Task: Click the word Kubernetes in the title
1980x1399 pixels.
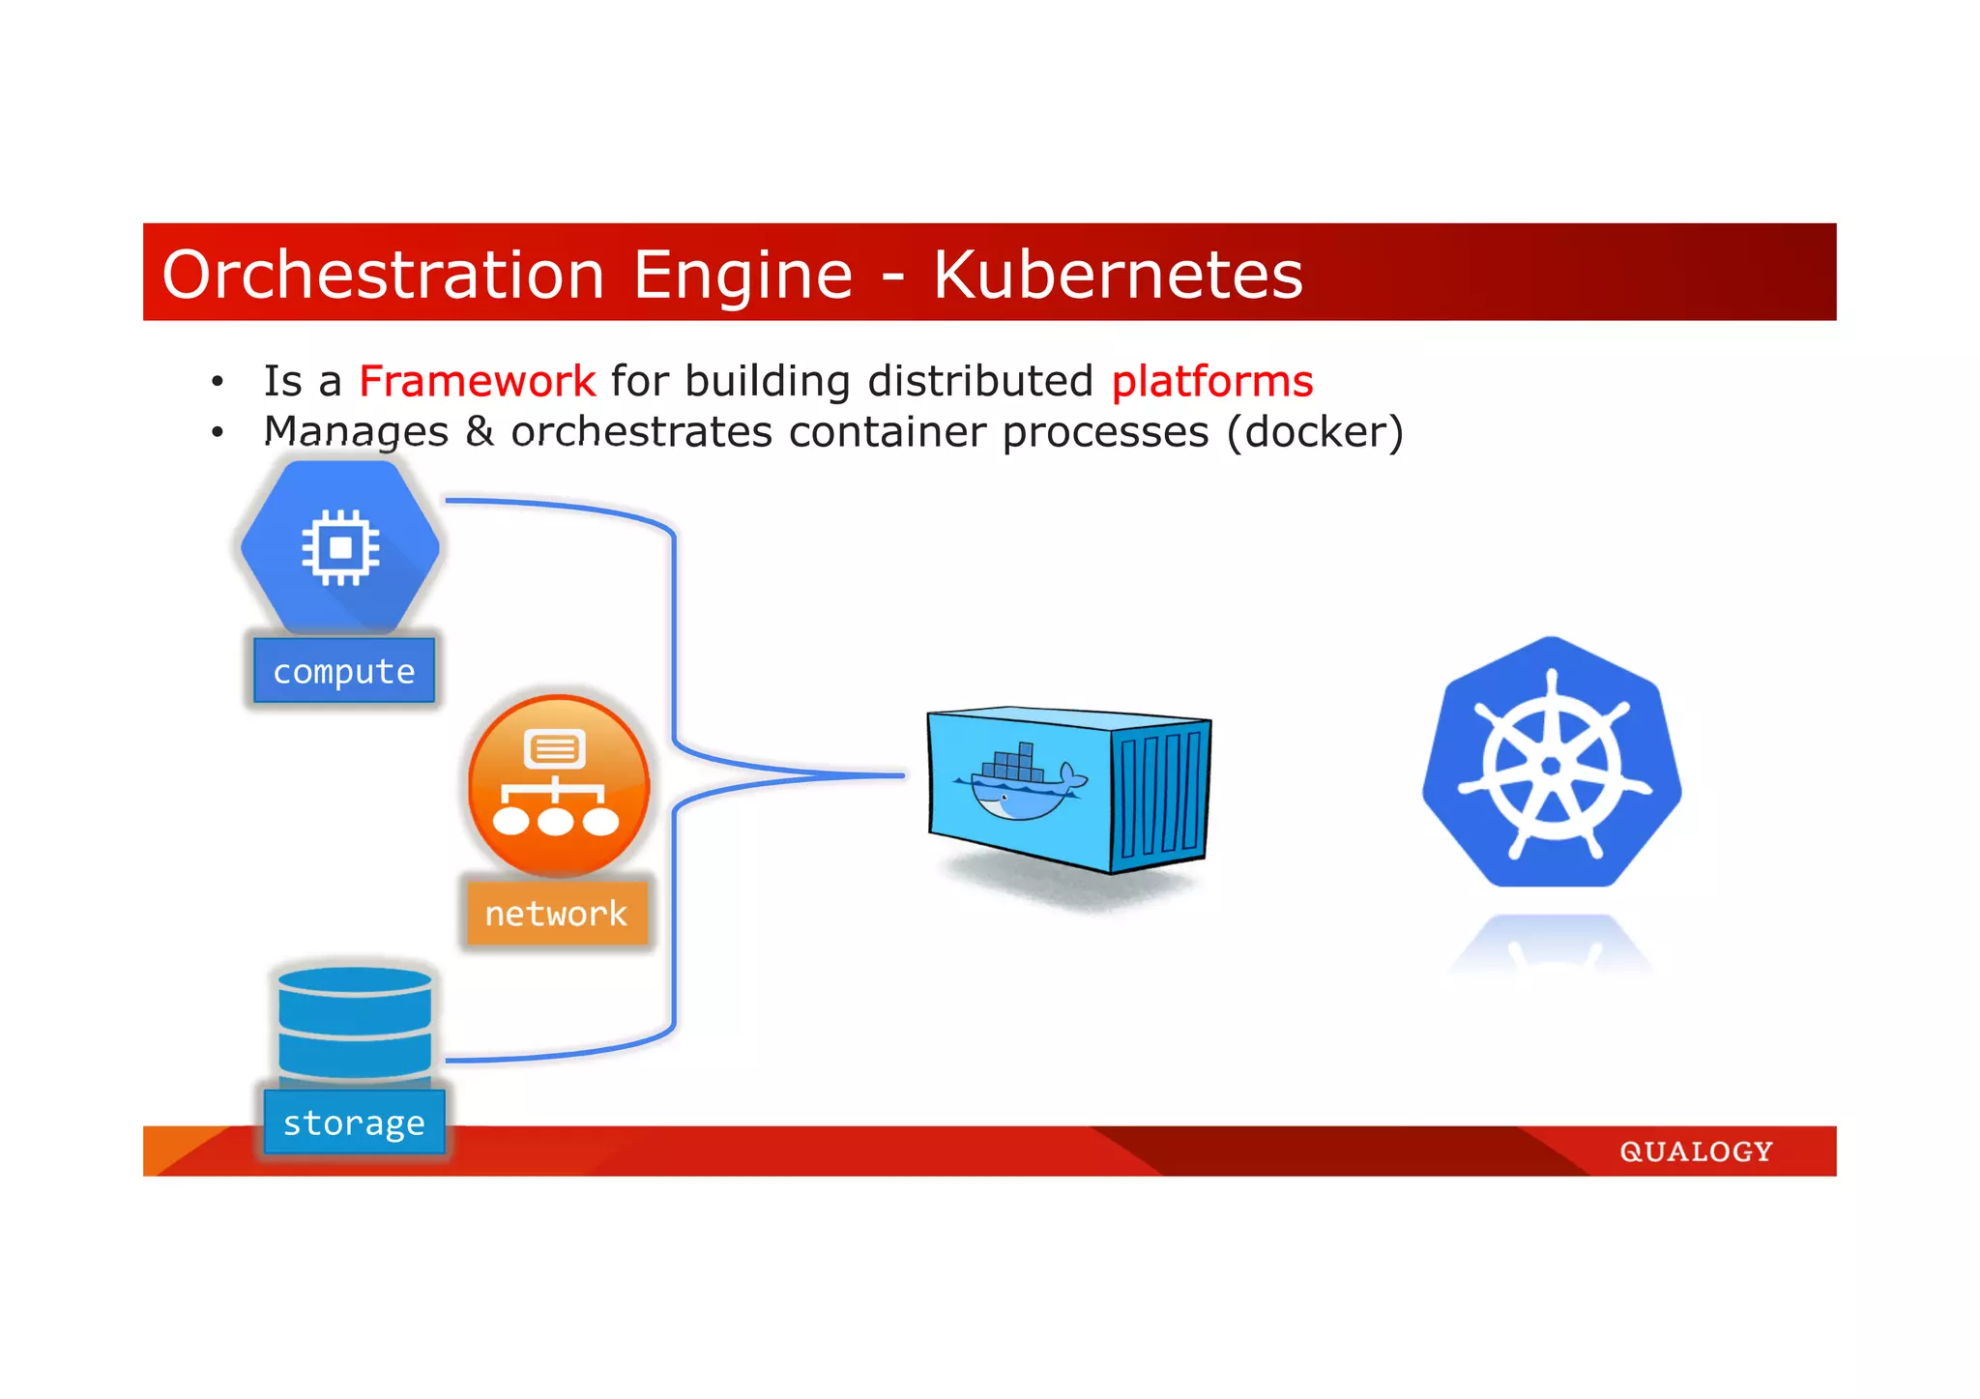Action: pos(1118,276)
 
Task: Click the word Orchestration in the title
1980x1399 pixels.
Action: pos(383,276)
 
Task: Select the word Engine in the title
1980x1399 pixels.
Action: pos(742,276)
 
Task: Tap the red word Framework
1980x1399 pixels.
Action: pos(477,381)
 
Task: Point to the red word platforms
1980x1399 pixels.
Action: pos(1211,381)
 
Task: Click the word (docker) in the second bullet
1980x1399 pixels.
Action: pos(1314,432)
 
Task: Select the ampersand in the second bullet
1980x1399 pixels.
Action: pos(480,431)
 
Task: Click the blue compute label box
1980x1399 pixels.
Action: pos(344,671)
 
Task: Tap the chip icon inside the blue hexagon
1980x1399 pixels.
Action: pos(340,548)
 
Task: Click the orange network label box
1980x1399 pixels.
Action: pos(556,913)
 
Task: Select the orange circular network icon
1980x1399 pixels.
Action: pos(558,784)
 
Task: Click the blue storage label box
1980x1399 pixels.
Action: pos(354,1122)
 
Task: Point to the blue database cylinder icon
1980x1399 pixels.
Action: pos(354,1023)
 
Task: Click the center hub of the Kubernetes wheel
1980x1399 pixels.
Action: pos(1551,766)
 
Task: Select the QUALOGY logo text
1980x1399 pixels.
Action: pos(1696,1151)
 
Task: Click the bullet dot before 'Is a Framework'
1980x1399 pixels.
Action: pos(218,382)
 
